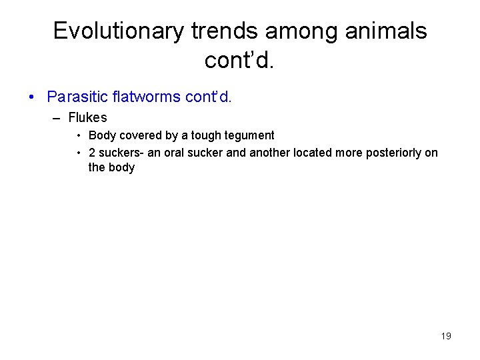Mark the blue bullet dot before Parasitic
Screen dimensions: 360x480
pyautogui.click(x=32, y=97)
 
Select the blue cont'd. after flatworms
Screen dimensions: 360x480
pyautogui.click(x=208, y=97)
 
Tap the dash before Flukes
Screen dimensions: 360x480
pyautogui.click(x=55, y=119)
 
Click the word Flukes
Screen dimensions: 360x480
pyautogui.click(x=87, y=118)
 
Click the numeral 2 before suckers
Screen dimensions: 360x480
pyautogui.click(x=92, y=153)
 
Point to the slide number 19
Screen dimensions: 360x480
pyautogui.click(x=446, y=336)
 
